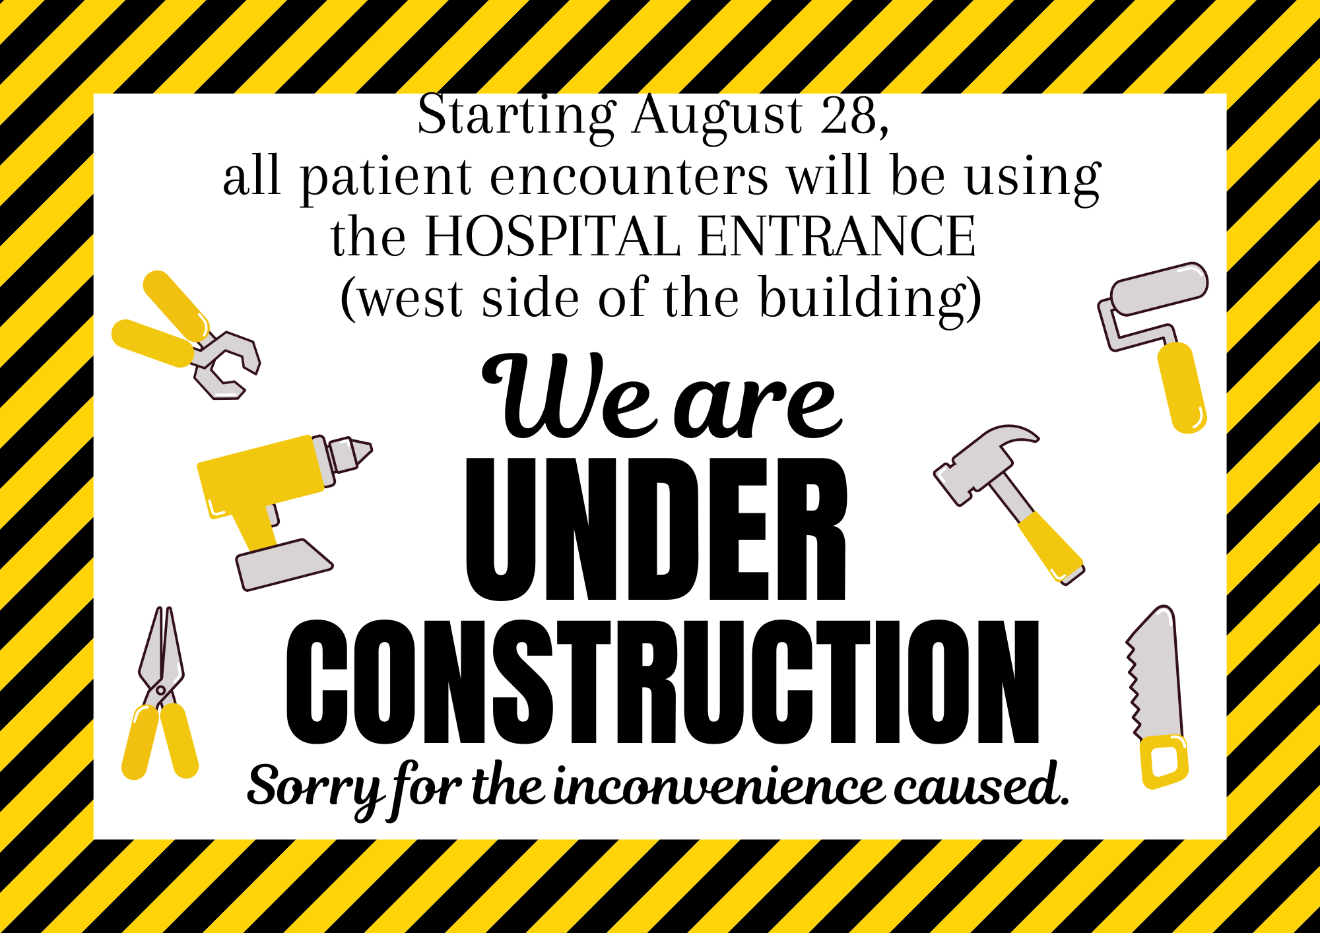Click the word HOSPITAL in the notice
(x=552, y=236)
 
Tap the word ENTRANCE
(x=836, y=236)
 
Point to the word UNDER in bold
(x=656, y=529)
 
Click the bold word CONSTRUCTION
(x=663, y=682)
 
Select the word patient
(x=386, y=178)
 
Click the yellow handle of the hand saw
(x=1165, y=761)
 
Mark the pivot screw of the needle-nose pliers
(x=160, y=690)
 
